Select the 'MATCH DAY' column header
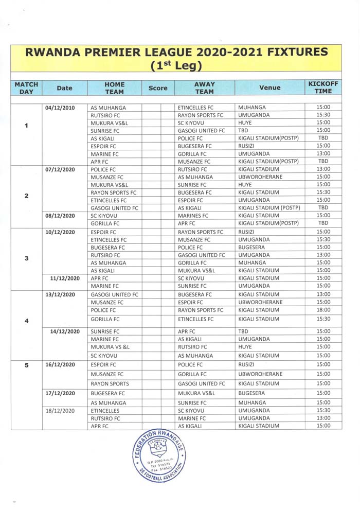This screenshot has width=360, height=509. (26, 88)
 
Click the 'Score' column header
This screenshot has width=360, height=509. (158, 88)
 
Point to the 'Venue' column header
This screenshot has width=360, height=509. (270, 88)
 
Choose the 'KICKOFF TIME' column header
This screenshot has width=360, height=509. (323, 87)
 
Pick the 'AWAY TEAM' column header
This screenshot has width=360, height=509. (205, 88)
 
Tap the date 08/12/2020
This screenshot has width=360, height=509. (61, 216)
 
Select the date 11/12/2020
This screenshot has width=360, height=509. (65, 278)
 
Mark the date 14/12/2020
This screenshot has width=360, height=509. (65, 331)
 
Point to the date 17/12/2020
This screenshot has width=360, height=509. (61, 393)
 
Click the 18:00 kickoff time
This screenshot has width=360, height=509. (323, 310)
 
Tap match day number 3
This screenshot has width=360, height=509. (26, 258)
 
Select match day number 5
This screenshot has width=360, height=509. (26, 365)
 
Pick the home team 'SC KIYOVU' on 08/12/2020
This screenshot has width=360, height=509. (104, 216)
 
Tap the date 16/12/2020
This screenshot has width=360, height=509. (61, 364)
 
